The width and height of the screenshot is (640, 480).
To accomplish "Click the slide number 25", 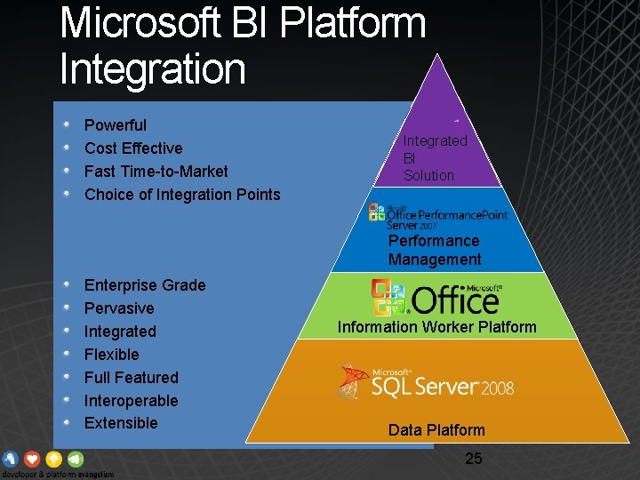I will [474, 459].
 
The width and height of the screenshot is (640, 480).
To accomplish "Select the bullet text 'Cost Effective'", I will [133, 148].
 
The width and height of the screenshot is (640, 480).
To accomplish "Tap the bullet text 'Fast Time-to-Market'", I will [156, 172].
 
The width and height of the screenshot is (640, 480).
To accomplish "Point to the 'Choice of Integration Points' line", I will [182, 195].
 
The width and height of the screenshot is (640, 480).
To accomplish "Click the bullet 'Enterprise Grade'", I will [145, 285].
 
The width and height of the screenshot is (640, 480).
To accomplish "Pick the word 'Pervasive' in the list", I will [119, 308].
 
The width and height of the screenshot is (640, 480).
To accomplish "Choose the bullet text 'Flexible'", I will [112, 355].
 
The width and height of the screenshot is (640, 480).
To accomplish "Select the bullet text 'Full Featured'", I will [132, 378].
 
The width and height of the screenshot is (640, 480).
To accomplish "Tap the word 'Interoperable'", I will [131, 401].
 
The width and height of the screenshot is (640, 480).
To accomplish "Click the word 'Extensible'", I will [121, 423].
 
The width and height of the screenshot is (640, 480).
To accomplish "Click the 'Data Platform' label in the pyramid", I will [436, 430].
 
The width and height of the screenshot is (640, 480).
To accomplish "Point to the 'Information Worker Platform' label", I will [436, 327].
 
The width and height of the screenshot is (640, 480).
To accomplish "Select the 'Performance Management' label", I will [435, 251].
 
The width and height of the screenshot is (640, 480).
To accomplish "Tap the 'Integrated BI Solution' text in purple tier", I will [435, 158].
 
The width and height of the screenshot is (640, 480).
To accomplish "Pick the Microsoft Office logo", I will [436, 298].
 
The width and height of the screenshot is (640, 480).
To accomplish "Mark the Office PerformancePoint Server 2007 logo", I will [437, 215].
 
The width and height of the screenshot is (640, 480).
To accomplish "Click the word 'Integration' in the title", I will [152, 68].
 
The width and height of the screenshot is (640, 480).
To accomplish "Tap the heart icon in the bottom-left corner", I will [33, 460].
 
